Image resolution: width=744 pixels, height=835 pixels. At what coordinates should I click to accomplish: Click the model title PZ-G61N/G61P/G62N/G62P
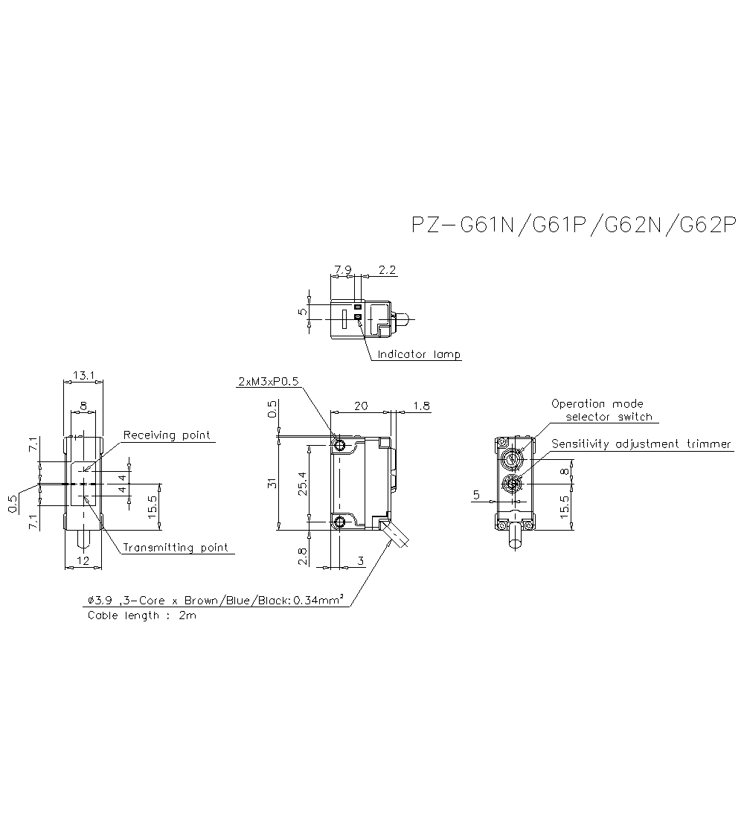(573, 225)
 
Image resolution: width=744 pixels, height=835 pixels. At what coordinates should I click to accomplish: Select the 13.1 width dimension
(82, 376)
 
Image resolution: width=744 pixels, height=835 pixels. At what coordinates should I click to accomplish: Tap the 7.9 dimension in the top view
(343, 269)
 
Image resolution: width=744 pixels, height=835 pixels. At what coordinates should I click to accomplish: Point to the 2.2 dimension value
(387, 269)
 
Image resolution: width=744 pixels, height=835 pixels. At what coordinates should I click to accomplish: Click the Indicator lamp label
(419, 354)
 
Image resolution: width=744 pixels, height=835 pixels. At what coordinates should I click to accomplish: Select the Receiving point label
(167, 435)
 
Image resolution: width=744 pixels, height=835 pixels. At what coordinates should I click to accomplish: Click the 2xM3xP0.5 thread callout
(268, 382)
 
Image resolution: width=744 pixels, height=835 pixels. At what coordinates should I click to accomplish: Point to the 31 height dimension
(272, 483)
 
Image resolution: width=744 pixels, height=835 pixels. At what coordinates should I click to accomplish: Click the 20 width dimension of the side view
(360, 406)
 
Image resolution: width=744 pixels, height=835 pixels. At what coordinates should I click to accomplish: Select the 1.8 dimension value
(420, 406)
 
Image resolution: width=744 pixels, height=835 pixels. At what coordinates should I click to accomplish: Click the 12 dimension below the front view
(83, 561)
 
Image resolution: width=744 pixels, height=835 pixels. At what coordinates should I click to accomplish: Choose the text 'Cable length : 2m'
(141, 615)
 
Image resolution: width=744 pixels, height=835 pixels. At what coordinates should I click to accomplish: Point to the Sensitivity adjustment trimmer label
(641, 444)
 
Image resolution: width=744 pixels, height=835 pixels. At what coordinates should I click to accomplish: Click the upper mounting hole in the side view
(339, 446)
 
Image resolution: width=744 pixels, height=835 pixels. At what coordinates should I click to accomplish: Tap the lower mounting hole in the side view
(339, 522)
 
